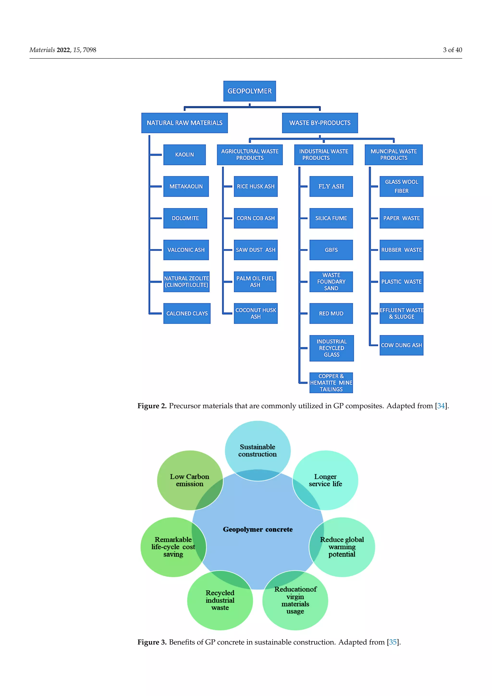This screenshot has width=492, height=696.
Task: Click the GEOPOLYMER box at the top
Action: [x=249, y=91]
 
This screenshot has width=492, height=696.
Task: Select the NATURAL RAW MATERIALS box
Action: [x=184, y=123]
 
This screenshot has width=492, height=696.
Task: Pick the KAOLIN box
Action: [x=184, y=155]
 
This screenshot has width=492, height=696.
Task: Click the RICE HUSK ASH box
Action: [x=255, y=186]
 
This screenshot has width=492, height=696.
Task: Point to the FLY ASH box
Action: [x=331, y=186]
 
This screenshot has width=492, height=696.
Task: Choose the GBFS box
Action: [x=331, y=250]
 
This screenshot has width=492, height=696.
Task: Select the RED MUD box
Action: [x=331, y=313]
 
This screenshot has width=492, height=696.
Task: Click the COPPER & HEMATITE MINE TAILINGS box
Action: [x=331, y=383]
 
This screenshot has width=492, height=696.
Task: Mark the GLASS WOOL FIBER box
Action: [x=401, y=186]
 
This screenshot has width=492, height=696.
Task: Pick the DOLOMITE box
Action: [x=185, y=218]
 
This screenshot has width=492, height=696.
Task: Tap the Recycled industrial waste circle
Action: [x=220, y=600]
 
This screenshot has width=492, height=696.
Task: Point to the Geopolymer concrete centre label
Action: [x=258, y=529]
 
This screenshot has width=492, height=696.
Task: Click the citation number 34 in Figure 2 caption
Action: [x=441, y=406]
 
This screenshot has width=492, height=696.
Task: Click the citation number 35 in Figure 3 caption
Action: [x=393, y=642]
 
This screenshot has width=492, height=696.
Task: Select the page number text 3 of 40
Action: [x=452, y=50]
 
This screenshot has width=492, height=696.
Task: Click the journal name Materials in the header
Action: [x=42, y=50]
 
